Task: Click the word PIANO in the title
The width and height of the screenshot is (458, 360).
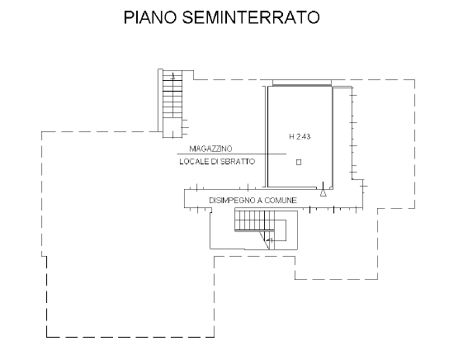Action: point(150,17)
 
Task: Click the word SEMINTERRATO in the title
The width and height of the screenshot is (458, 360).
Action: point(251,17)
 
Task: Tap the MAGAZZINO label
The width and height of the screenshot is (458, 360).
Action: point(211,149)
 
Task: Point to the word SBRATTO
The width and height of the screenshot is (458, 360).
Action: point(238,162)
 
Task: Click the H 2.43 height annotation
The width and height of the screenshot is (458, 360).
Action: point(300,136)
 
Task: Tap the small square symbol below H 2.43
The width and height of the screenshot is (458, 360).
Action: point(299,162)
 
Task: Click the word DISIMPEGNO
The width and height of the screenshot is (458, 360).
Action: point(232,200)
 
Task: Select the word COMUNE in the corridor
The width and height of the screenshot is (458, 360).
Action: point(281,200)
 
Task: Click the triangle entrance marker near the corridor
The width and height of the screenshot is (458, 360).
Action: point(323,193)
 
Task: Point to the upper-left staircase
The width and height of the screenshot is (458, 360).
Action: point(172,103)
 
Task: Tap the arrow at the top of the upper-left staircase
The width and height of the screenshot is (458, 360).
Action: point(173,77)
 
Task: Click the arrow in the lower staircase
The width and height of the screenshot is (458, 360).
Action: point(270,240)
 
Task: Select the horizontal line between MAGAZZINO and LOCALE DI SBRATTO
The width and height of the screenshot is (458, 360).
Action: point(232,154)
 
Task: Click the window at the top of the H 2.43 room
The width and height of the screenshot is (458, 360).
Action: point(302,83)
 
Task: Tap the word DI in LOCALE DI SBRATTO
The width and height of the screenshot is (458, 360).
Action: point(215,162)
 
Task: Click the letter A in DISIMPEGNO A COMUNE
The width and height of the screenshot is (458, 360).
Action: point(260,200)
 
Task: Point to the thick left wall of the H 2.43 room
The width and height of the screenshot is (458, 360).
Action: point(267,136)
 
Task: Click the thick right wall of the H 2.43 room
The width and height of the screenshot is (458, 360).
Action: point(333,137)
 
